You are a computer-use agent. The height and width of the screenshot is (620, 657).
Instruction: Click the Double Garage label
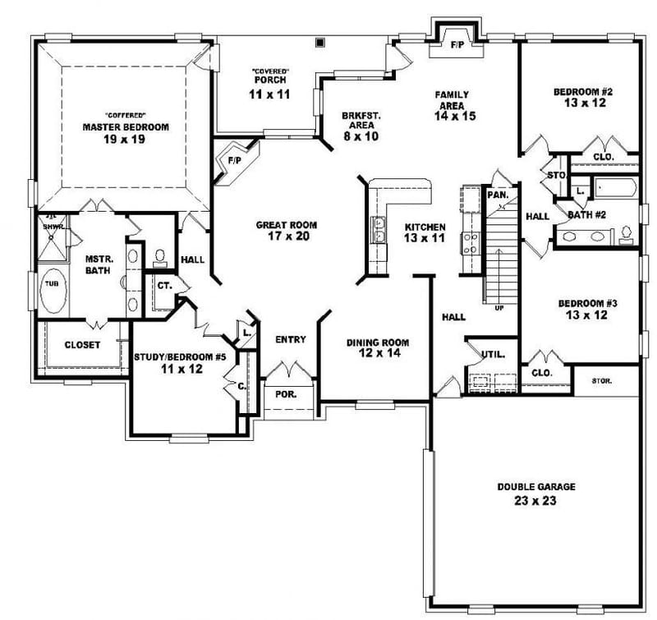[535, 494]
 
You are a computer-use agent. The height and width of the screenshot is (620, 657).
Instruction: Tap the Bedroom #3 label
[586, 309]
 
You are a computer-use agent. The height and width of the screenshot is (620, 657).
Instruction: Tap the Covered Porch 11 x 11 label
[270, 88]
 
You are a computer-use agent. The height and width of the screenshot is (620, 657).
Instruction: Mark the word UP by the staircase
[500, 309]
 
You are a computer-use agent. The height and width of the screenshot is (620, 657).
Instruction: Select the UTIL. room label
[493, 355]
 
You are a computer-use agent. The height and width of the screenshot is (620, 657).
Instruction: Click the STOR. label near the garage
[608, 381]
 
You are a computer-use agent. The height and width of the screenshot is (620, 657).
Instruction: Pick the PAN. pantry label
[497, 195]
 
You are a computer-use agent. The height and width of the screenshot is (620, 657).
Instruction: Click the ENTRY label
[291, 339]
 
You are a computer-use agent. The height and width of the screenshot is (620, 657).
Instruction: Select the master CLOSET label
[82, 345]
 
